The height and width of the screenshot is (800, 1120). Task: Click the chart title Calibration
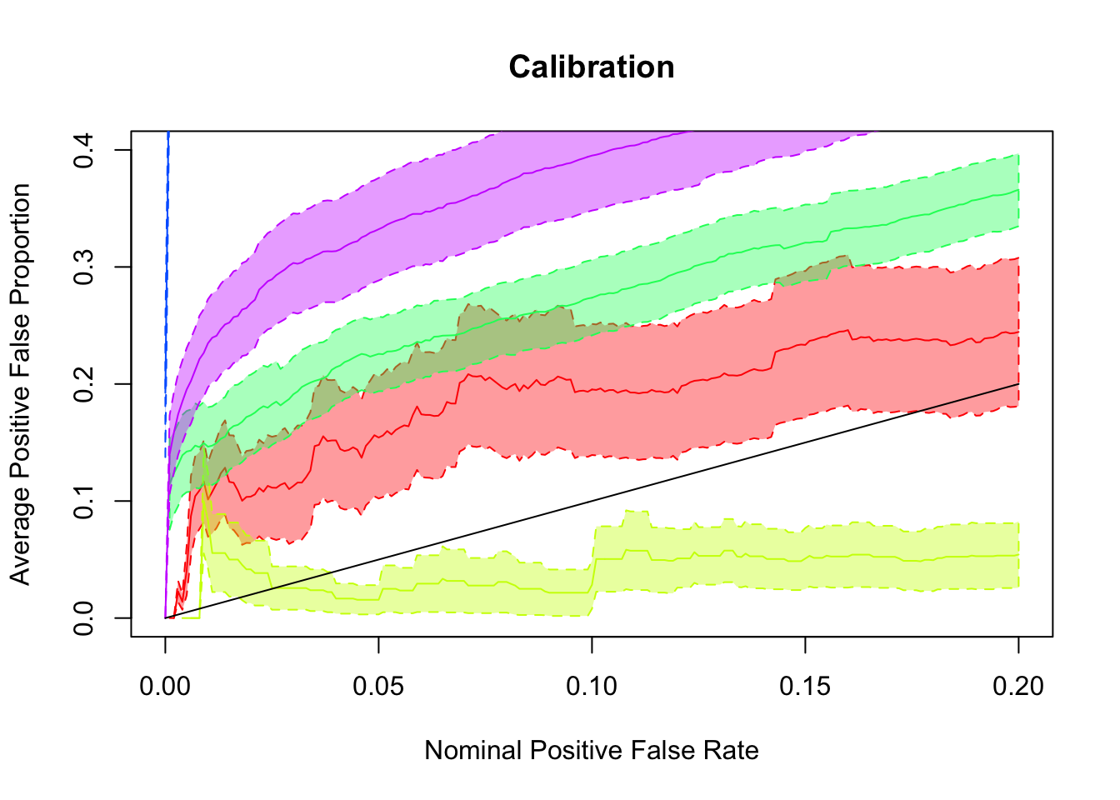pyautogui.click(x=592, y=67)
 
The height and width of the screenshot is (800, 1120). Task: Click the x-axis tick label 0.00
pyautogui.click(x=165, y=686)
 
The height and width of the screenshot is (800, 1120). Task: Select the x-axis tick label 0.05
pyautogui.click(x=378, y=686)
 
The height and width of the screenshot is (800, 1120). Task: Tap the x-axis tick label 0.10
pyautogui.click(x=592, y=686)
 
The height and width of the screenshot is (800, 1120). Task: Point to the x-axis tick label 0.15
pyautogui.click(x=805, y=686)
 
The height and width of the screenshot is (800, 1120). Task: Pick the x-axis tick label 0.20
pyautogui.click(x=1018, y=686)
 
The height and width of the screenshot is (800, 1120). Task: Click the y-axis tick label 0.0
pyautogui.click(x=83, y=617)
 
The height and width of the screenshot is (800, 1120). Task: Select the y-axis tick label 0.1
pyautogui.click(x=83, y=501)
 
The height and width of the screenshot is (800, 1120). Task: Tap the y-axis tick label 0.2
pyautogui.click(x=83, y=384)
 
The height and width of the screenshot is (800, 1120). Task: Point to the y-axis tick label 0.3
pyautogui.click(x=83, y=267)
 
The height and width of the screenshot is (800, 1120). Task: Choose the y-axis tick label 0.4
pyautogui.click(x=83, y=150)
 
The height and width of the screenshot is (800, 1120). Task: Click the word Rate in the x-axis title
pyautogui.click(x=730, y=751)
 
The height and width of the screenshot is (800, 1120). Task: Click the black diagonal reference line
pyautogui.click(x=592, y=501)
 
